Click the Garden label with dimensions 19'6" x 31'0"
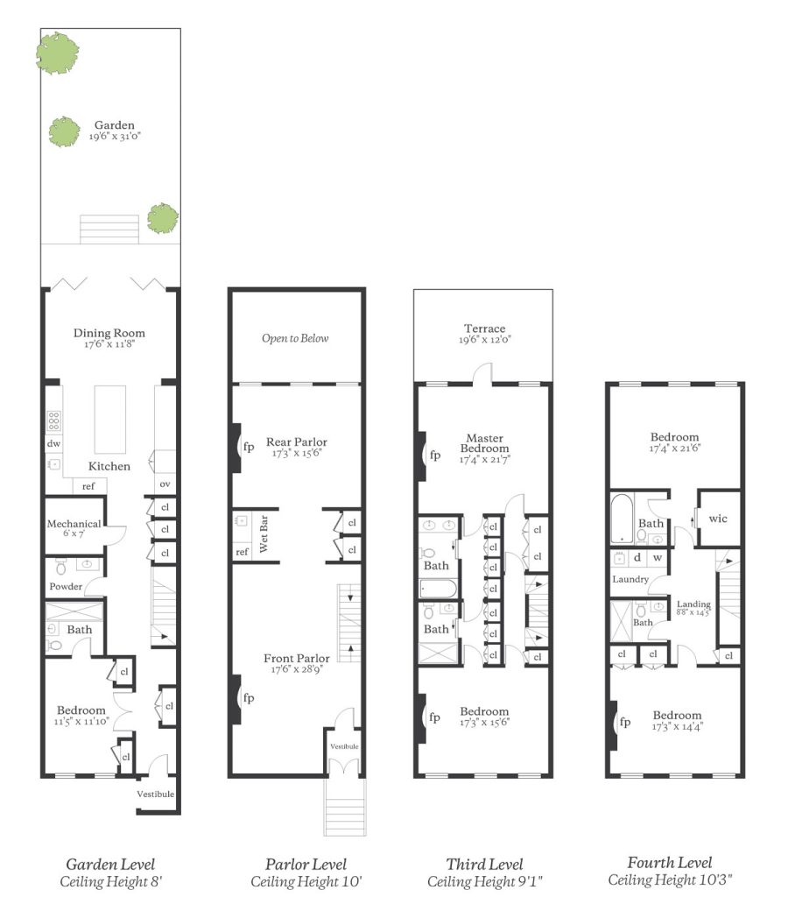coord(115,130)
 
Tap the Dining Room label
coord(109,333)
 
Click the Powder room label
coord(66,586)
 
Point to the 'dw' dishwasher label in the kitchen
coord(53,443)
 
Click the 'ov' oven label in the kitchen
coord(165,484)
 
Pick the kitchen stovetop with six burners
coord(53,421)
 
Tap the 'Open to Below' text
coord(295,338)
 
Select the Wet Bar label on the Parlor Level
coord(264,533)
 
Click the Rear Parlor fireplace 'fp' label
coord(249,447)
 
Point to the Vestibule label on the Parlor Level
coord(344,746)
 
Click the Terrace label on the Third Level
coord(485,334)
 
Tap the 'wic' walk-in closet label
coord(718,519)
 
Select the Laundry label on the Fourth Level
coord(630,579)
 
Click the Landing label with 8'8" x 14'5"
coord(693,608)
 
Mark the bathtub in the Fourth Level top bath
coord(623,519)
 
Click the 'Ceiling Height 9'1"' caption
coord(485,881)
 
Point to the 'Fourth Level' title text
coord(670,863)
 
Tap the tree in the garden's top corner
coord(57,53)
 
